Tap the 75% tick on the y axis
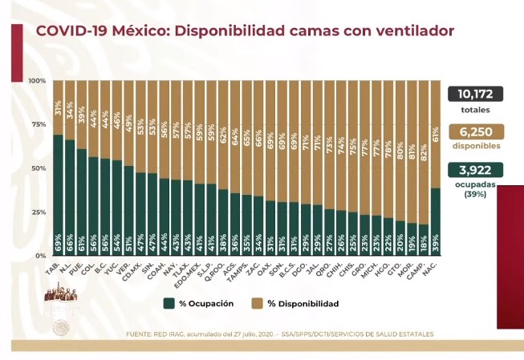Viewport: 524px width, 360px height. pos(37,125)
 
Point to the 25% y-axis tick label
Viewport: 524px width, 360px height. pos(37,212)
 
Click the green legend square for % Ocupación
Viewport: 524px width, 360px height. pos(169,303)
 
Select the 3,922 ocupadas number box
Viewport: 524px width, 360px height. pos(475,170)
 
